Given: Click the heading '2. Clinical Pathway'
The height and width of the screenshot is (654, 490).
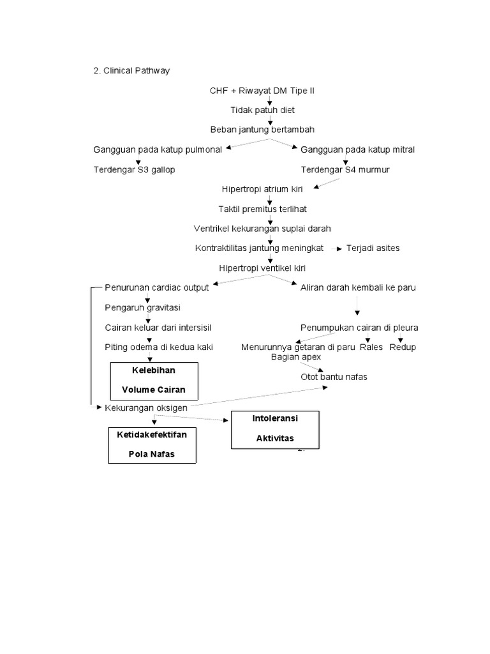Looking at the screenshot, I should tap(131, 71).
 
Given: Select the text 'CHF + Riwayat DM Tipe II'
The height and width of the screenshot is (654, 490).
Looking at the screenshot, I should tap(262, 91).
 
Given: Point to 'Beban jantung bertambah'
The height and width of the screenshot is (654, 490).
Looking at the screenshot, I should tap(262, 130).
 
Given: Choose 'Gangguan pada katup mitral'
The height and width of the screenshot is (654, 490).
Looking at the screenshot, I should tap(357, 149).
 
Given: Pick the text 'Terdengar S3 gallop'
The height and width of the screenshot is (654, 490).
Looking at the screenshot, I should tap(134, 170).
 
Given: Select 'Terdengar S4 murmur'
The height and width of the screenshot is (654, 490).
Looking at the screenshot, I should tap(345, 170).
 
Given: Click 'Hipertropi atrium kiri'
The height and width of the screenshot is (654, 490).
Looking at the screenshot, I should tap(262, 189).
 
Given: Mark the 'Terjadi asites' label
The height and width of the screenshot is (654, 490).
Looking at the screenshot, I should tap(373, 248).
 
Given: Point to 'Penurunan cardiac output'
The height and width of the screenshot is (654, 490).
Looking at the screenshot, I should tap(157, 287).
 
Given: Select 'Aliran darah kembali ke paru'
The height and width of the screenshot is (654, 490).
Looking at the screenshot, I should tap(358, 287).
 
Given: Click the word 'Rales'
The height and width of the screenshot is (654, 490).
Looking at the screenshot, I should tap(371, 347).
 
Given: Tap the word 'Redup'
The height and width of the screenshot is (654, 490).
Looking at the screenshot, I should tap(403, 347).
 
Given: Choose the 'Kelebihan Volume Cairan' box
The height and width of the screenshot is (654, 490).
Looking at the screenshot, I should tap(155, 381).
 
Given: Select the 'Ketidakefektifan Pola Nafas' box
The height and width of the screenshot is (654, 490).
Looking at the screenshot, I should tap(152, 445).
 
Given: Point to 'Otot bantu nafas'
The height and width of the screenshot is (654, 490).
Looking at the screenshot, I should tap(334, 377).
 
